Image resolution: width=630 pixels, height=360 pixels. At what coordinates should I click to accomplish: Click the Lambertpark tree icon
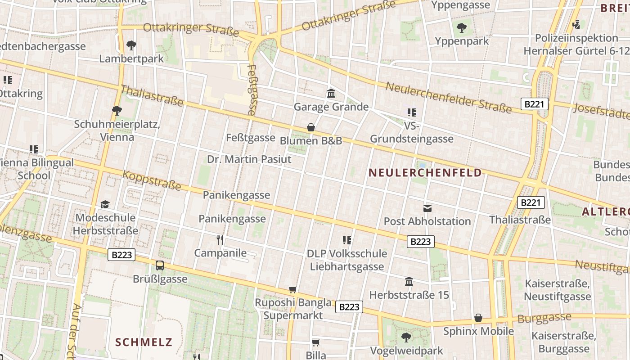(x=131, y=45)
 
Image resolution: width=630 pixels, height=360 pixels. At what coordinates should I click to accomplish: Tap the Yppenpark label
(x=462, y=41)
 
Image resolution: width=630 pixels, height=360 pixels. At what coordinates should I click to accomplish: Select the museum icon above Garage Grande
(x=331, y=94)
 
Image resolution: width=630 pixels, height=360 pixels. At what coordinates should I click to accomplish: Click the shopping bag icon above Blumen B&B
(x=310, y=127)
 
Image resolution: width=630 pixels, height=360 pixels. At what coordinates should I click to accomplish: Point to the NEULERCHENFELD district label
(x=425, y=173)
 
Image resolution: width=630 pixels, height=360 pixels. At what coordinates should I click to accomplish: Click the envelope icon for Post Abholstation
(x=427, y=208)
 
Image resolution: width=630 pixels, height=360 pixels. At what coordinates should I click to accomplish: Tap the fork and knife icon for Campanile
(x=220, y=239)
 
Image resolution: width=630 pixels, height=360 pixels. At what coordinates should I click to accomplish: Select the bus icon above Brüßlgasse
(x=160, y=265)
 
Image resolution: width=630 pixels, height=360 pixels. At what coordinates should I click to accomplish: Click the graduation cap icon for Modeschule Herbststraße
(x=105, y=204)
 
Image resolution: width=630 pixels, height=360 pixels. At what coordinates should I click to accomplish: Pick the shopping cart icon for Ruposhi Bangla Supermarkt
(x=293, y=289)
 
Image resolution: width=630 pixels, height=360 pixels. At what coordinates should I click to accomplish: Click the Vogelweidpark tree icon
(x=406, y=337)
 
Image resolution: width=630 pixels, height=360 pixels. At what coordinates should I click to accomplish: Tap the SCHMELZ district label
(x=144, y=342)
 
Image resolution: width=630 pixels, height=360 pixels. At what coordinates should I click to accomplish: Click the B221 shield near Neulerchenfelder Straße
(x=535, y=104)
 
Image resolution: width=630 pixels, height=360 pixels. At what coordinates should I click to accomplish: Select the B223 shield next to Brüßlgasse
(x=122, y=255)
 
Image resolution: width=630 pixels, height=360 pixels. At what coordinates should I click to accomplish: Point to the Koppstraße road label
(x=152, y=180)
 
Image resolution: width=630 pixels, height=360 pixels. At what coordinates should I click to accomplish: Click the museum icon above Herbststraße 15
(x=409, y=282)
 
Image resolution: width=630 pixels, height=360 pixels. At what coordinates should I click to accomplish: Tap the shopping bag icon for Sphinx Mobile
(x=478, y=318)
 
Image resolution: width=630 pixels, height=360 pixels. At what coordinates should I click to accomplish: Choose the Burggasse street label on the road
(x=544, y=318)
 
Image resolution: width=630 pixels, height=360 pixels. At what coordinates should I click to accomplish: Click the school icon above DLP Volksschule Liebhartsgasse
(x=346, y=240)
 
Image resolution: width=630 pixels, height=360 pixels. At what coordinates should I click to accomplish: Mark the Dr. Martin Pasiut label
(x=249, y=159)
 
